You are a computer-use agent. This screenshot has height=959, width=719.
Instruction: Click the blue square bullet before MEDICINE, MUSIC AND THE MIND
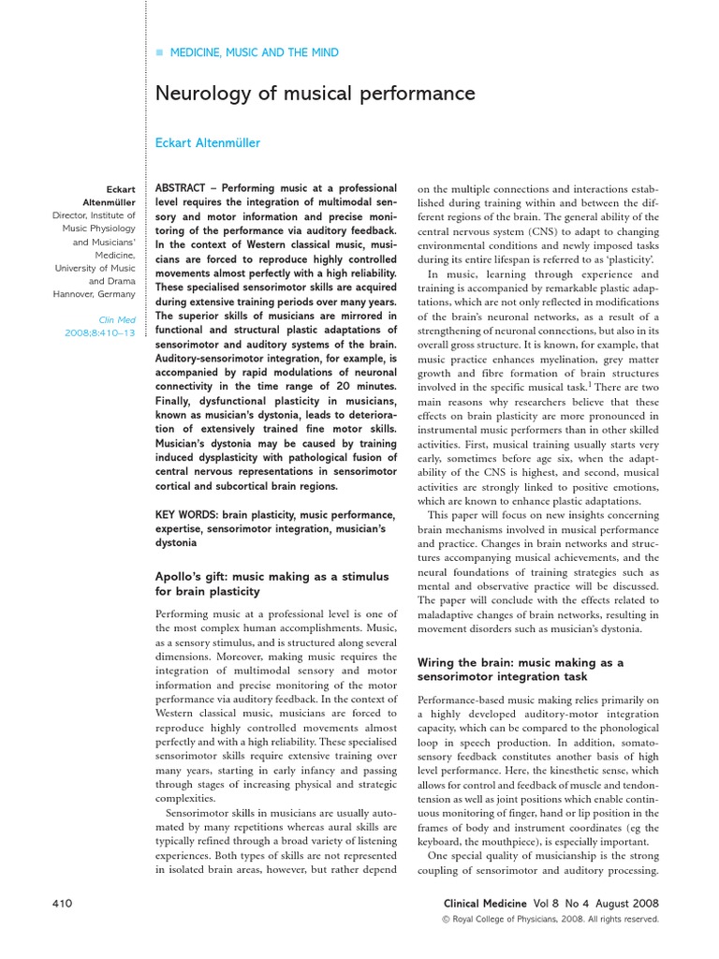[x=159, y=53]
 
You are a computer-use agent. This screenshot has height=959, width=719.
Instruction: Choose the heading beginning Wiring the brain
[x=520, y=663]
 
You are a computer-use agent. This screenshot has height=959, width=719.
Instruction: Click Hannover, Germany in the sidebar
[x=95, y=293]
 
